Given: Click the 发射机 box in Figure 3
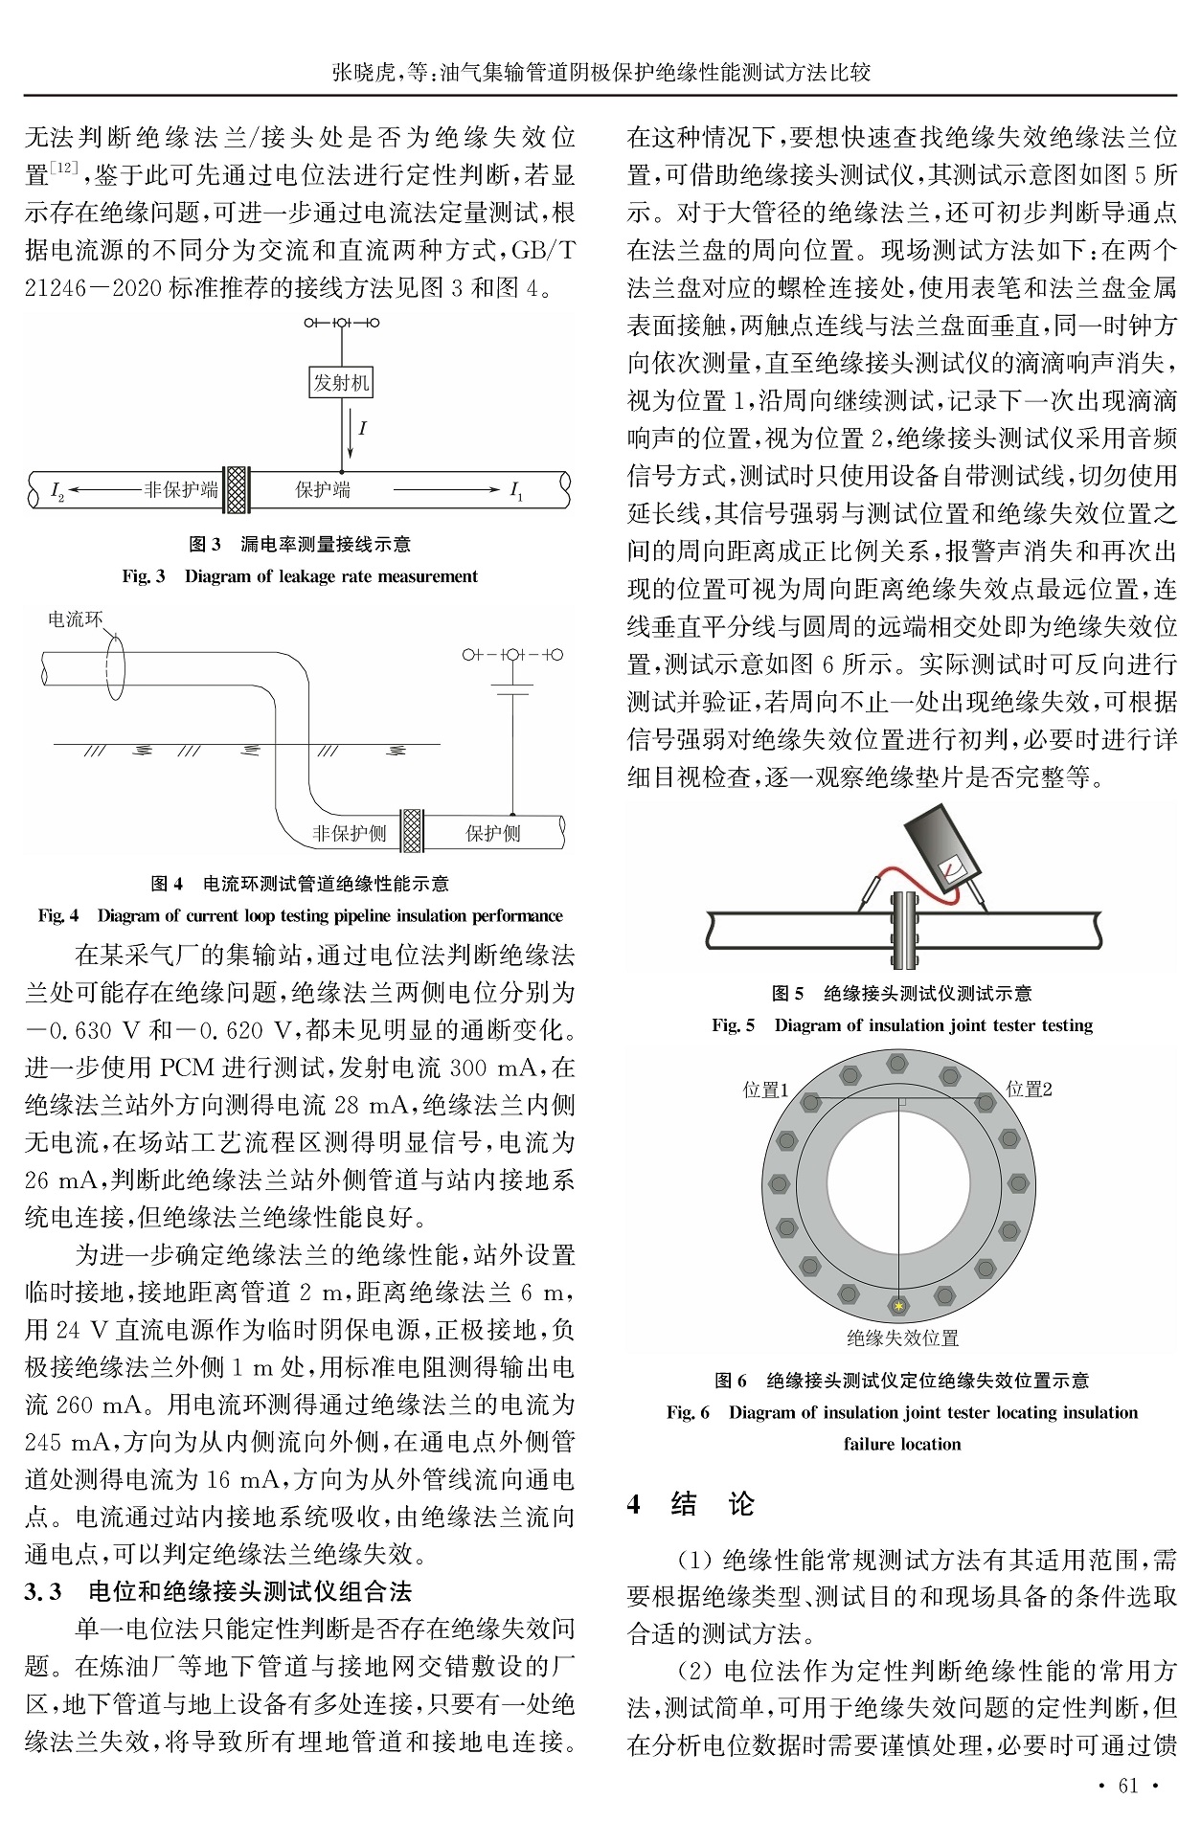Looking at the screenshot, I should coord(341,383).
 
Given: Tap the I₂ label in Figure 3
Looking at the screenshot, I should coord(57,491).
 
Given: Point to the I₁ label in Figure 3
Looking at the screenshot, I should coord(516,491).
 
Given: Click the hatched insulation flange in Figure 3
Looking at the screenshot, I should coord(236,489).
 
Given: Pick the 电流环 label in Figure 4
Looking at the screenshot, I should coord(75,619).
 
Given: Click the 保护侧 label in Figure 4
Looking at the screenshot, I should coord(492,833).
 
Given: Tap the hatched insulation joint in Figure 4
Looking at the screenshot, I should coord(412,830).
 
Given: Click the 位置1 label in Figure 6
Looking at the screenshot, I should coord(765,1090).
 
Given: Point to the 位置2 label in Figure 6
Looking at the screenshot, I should coord(1029,1090).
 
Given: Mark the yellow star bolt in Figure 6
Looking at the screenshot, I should coord(898,1305).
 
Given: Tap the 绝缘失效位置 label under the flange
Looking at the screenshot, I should coord(902,1338).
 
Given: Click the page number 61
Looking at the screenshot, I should coord(1128,1785).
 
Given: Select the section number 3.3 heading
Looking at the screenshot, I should coord(43,1592).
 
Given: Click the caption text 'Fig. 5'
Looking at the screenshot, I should coord(733,1025).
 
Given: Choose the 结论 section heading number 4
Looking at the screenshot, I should coord(634,1504).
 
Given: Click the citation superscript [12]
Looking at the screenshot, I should coord(63,168).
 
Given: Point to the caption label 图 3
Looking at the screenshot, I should coord(205,544).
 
